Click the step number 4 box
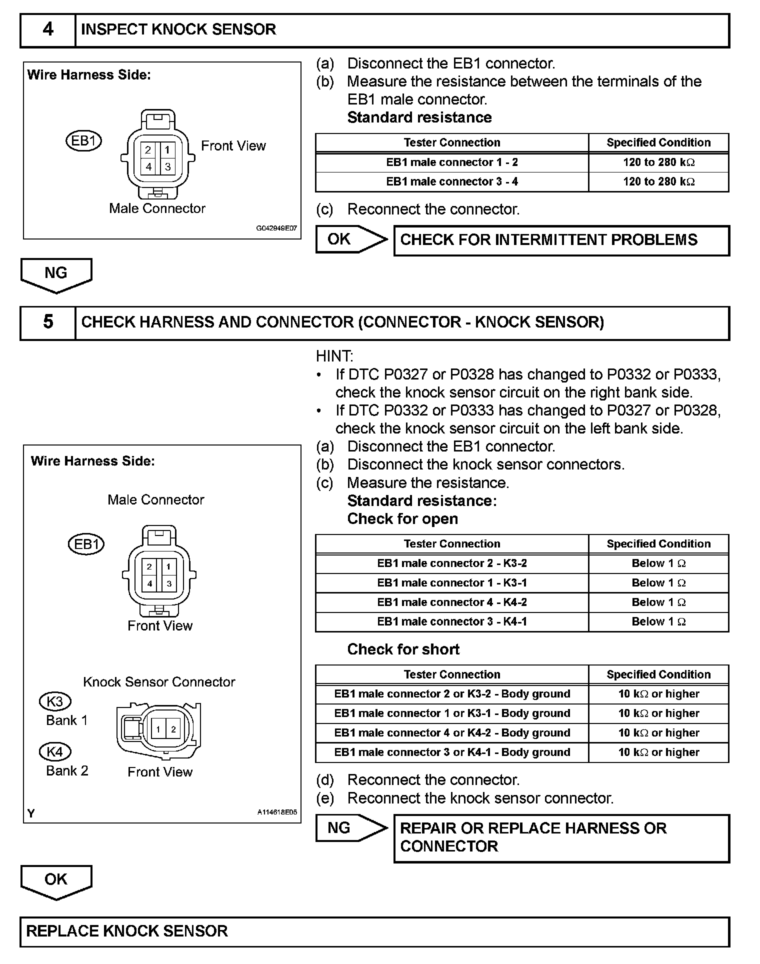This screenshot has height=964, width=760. (48, 30)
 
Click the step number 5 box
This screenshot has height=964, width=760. (48, 322)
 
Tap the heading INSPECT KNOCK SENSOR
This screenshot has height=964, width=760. (178, 30)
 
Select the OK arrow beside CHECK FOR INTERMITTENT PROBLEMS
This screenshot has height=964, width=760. (350, 239)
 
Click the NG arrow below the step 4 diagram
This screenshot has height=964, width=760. (55, 274)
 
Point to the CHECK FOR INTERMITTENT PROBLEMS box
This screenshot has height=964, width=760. (561, 240)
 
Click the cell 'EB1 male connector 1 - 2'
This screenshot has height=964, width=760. (452, 162)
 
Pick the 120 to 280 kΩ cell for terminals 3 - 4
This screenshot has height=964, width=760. (658, 181)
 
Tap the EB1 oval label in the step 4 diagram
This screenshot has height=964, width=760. (83, 141)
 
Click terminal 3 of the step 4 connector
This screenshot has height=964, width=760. (167, 166)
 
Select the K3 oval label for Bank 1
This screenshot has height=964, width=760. (55, 701)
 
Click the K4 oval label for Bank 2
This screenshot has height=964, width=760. (55, 751)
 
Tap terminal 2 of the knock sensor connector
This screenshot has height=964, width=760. (173, 729)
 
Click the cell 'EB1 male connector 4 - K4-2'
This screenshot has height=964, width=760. (452, 602)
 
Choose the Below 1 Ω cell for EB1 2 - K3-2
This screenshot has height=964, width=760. (658, 563)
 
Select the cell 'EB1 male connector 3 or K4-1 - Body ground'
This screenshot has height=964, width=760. (452, 752)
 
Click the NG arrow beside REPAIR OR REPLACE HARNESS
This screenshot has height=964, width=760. (350, 828)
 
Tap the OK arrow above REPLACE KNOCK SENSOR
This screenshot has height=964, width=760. (55, 881)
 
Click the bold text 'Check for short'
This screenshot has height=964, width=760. (403, 649)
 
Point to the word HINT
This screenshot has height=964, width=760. (334, 356)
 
